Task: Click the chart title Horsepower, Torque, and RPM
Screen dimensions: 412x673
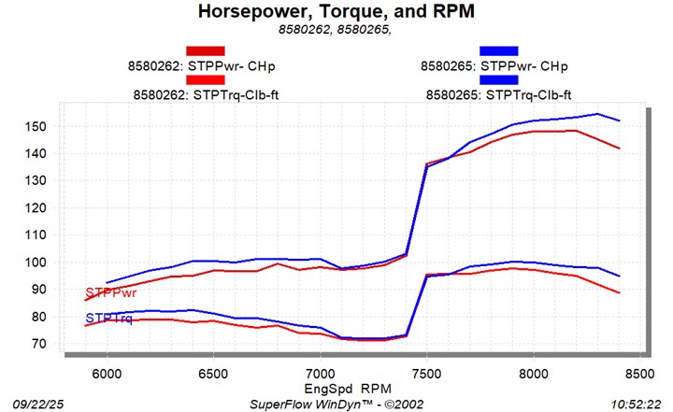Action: click(x=336, y=11)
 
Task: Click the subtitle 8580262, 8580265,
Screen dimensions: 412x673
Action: click(x=336, y=29)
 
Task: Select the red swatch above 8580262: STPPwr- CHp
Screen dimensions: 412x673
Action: click(x=205, y=50)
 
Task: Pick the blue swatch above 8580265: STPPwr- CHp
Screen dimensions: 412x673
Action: click(x=498, y=50)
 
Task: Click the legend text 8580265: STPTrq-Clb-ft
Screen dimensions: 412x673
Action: click(x=498, y=94)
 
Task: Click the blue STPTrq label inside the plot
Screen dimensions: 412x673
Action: click(x=108, y=320)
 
